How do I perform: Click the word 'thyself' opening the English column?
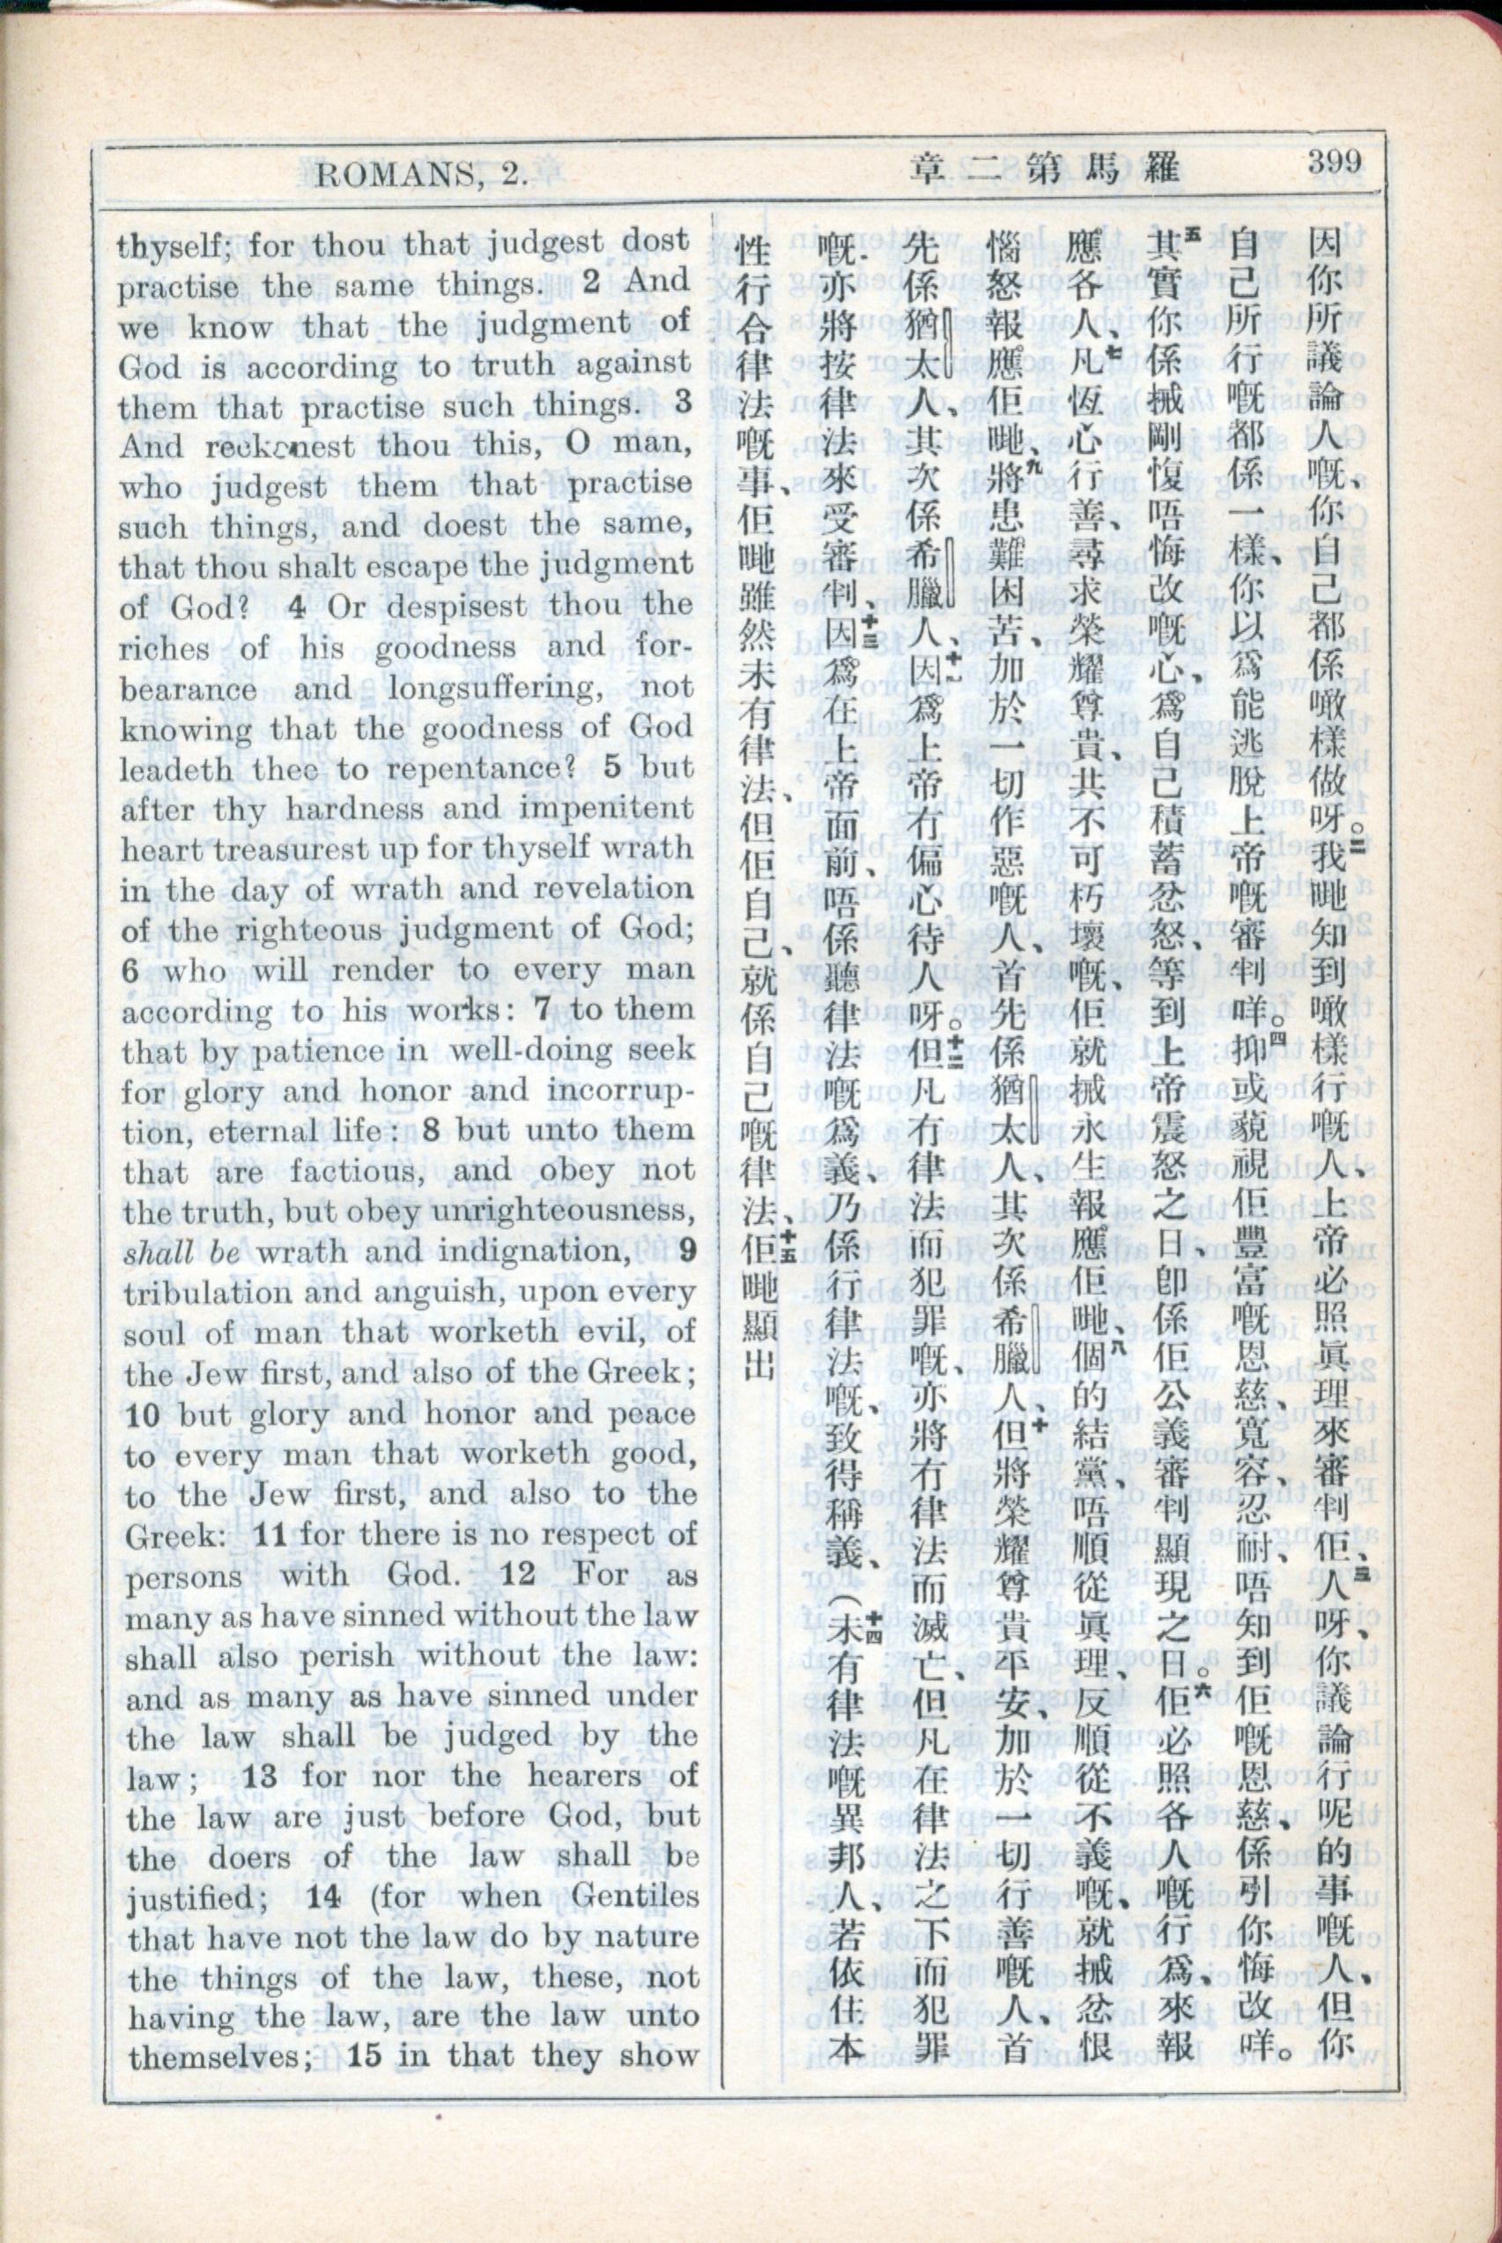pyautogui.click(x=169, y=246)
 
